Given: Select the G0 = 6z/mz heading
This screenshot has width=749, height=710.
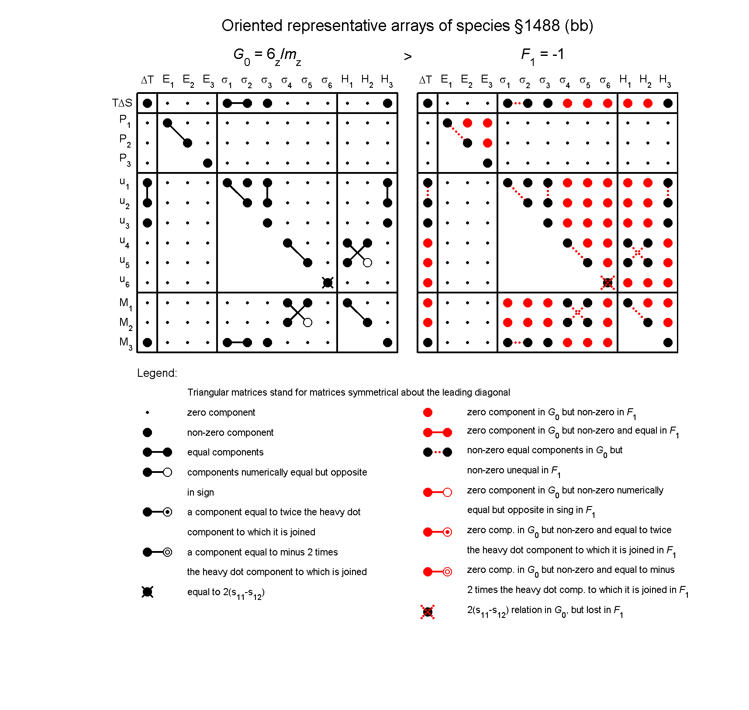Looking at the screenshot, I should tap(267, 56).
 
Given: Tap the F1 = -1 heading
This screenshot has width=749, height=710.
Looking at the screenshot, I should tap(542, 55).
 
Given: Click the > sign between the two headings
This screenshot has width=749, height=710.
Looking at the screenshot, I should tap(407, 57).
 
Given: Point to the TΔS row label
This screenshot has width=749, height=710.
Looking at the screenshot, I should tap(122, 103).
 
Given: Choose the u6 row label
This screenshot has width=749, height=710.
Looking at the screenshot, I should tap(124, 281).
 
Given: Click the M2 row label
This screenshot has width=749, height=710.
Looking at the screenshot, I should tap(126, 323).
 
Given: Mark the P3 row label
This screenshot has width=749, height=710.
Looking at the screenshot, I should tap(125, 159).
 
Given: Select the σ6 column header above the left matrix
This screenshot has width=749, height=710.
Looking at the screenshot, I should tap(327, 81).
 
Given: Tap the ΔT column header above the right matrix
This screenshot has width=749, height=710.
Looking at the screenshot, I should tap(425, 80).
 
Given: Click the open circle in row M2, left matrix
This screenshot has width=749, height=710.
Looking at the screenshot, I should tap(307, 323).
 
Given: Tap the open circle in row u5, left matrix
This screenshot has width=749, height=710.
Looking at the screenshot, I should tap(367, 263).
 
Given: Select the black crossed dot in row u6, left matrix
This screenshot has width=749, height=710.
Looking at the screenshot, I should tap(328, 283).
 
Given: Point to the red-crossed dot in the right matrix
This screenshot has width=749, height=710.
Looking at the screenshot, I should tap(607, 283).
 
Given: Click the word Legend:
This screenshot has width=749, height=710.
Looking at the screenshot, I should tap(157, 373).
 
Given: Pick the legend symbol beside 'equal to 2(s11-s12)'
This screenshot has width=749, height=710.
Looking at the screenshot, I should tap(148, 592).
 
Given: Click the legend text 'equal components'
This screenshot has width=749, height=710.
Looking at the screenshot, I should tap(225, 452).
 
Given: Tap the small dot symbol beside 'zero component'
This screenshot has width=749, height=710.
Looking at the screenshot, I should tap(148, 413).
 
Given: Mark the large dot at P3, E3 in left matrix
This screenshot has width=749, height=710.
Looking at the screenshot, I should tap(207, 163).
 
